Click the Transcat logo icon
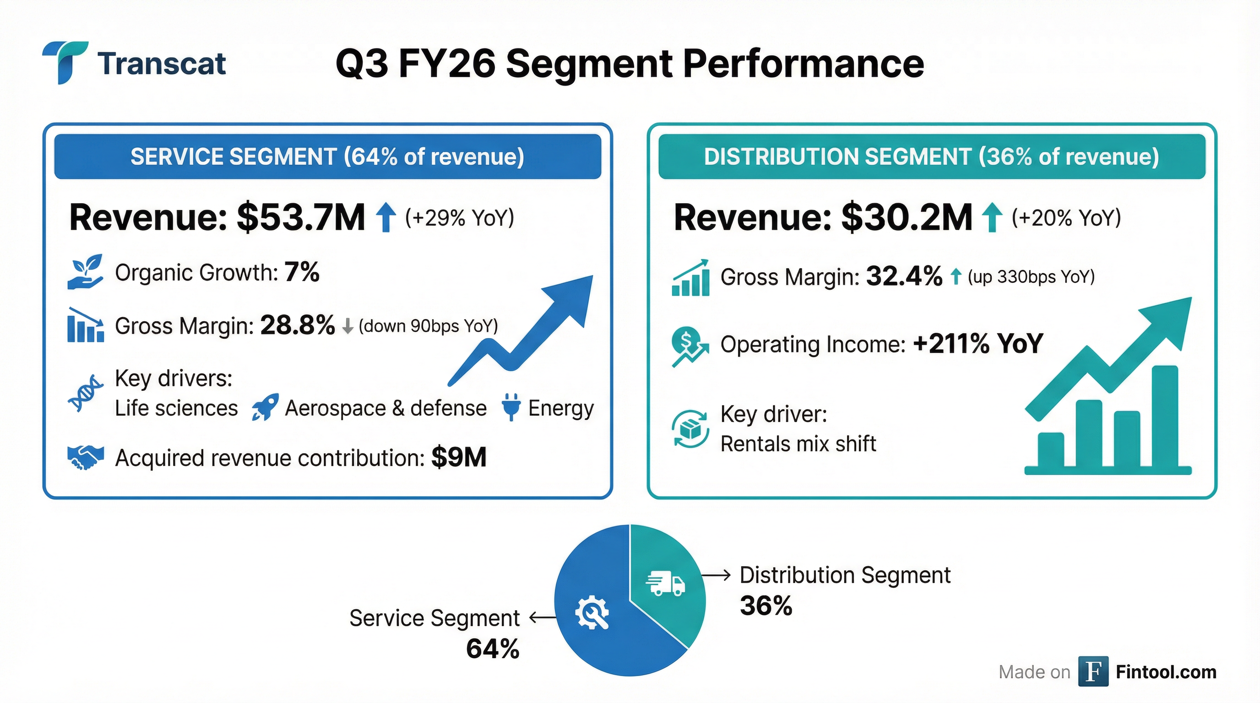(65, 62)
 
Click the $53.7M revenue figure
(301, 217)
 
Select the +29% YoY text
(459, 218)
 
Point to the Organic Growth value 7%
(302, 272)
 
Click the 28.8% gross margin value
(298, 325)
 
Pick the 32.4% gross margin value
(904, 276)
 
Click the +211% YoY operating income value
(978, 344)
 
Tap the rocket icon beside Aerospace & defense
(265, 407)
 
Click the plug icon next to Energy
(511, 407)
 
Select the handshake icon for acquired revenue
(85, 458)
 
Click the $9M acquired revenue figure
(458, 458)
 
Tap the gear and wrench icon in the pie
(592, 612)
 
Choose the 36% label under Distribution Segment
(766, 606)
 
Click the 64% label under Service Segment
(492, 649)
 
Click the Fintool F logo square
(1093, 672)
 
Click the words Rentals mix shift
(798, 444)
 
